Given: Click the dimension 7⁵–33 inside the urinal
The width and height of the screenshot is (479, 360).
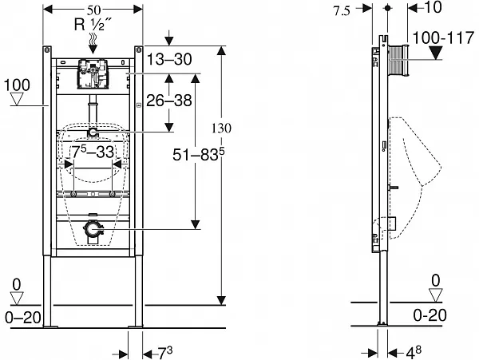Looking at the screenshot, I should pyautogui.click(x=93, y=152).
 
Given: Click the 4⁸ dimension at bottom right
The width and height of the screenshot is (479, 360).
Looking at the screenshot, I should pyautogui.click(x=413, y=350).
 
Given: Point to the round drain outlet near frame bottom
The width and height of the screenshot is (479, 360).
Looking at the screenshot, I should pyautogui.click(x=93, y=231).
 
